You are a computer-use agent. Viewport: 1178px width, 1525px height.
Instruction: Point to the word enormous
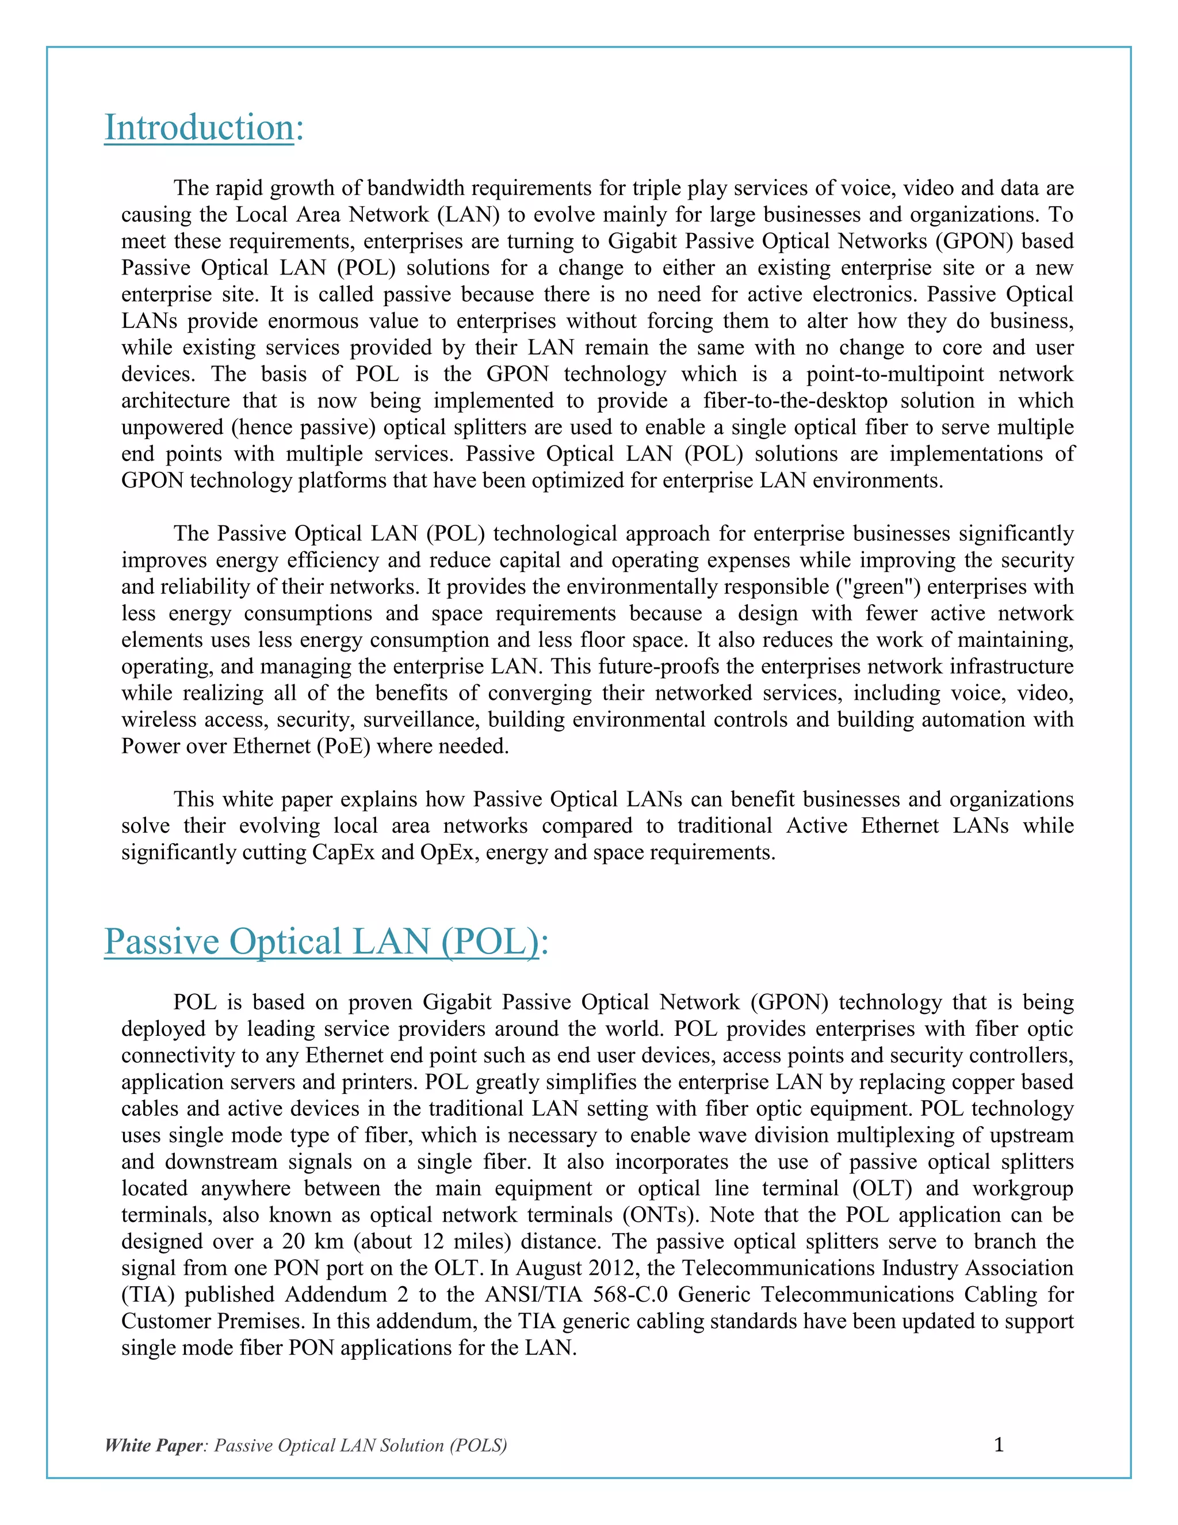point(323,321)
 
